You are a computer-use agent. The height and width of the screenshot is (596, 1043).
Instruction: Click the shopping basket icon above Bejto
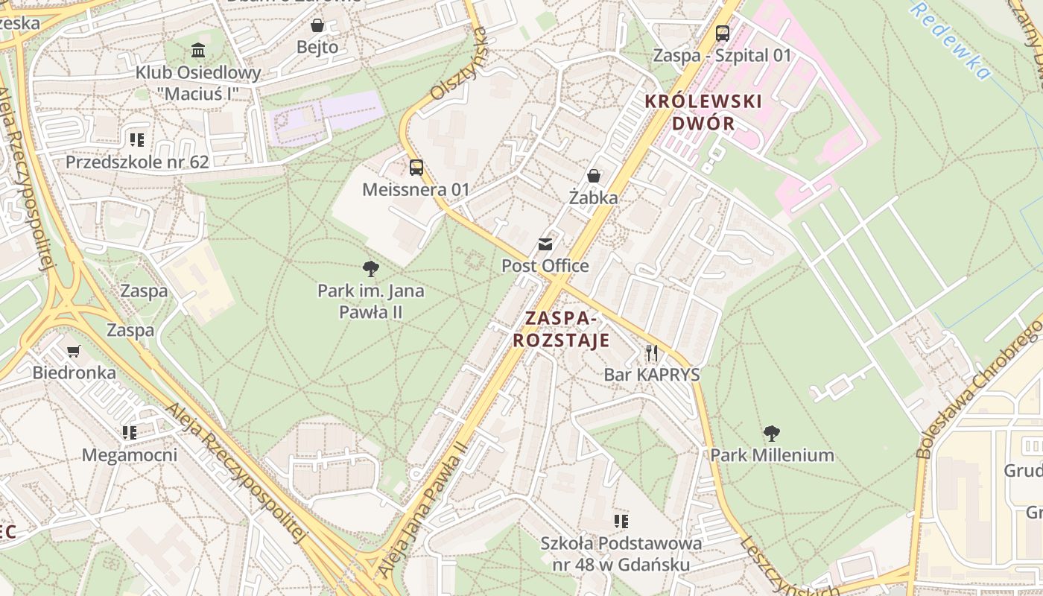317,26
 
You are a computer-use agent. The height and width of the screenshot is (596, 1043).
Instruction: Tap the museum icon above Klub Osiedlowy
198,51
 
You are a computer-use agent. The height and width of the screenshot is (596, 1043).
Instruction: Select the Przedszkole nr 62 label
137,162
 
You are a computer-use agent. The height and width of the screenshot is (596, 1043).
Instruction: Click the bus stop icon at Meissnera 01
416,168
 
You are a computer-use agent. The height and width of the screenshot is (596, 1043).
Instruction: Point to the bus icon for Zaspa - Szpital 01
722,34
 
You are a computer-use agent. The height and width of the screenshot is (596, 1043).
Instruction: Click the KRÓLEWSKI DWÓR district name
703,112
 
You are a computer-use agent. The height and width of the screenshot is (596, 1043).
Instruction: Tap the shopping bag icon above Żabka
594,176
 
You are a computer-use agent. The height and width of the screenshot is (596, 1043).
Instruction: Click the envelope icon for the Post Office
545,244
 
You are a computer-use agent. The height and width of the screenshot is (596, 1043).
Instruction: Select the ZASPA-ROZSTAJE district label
561,329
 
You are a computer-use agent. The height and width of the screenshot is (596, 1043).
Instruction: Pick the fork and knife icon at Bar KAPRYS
652,352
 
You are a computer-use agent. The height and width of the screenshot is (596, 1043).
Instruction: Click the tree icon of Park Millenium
772,433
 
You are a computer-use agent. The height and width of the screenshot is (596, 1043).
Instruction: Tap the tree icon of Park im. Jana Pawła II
370,269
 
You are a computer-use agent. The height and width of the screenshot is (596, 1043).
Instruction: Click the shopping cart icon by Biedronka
74,351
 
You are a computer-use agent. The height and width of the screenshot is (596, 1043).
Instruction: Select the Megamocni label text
130,454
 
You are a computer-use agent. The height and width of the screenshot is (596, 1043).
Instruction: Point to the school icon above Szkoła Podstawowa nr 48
621,521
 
